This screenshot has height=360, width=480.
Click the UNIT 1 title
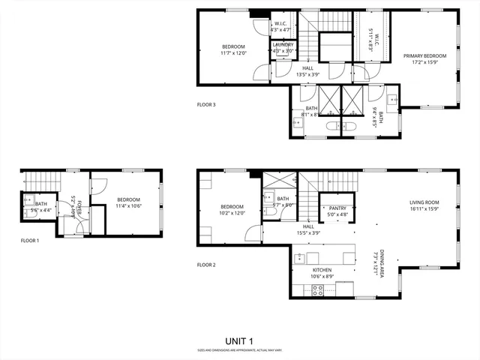pyautogui.click(x=239, y=340)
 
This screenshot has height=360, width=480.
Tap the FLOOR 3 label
pyautogui.click(x=206, y=104)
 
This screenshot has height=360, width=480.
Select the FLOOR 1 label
pyautogui.click(x=30, y=241)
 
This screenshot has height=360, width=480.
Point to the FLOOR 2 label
pyautogui.click(x=206, y=265)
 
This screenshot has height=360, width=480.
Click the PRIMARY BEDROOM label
pyautogui.click(x=424, y=55)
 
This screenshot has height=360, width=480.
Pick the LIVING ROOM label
pyautogui.click(x=424, y=202)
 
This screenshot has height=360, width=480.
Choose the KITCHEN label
pyautogui.click(x=322, y=270)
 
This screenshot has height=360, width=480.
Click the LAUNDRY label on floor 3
pyautogui.click(x=283, y=45)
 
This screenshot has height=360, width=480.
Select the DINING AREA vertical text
pyautogui.click(x=382, y=264)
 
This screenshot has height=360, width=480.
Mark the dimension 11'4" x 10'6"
pyautogui.click(x=128, y=206)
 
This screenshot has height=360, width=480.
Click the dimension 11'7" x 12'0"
pyautogui.click(x=233, y=53)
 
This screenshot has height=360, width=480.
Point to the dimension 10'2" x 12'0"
pyautogui.click(x=232, y=213)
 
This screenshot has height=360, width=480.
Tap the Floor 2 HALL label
pyautogui.click(x=308, y=226)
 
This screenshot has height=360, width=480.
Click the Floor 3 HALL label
pyautogui.click(x=308, y=67)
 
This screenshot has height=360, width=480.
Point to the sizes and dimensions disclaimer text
pyautogui.click(x=239, y=350)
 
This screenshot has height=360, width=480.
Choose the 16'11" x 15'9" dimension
pyautogui.click(x=424, y=208)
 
